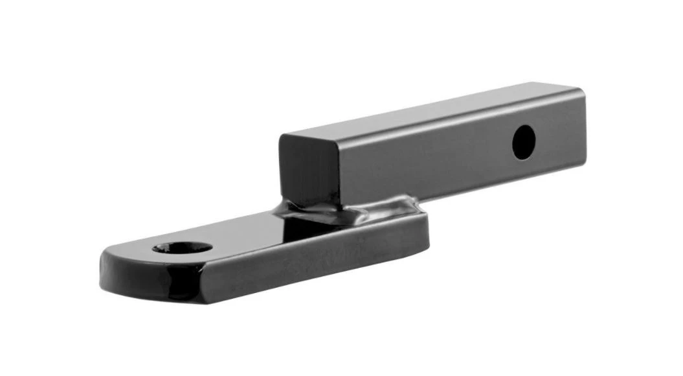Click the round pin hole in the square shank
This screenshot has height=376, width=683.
pos(524,143)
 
